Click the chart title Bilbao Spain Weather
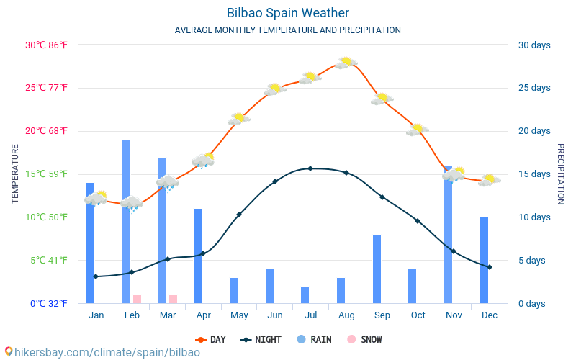287,13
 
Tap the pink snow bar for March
173,299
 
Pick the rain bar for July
305,294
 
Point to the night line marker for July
310,168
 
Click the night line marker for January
95,276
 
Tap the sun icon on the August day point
346,63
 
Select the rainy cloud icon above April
203,160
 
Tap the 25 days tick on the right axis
534,88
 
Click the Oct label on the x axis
418,315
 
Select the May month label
239,315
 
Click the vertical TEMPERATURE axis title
15,174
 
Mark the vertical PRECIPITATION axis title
561,174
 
